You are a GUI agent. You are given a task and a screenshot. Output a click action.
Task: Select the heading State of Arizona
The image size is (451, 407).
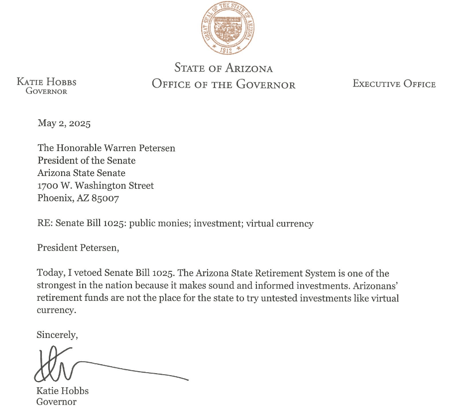click(x=224, y=68)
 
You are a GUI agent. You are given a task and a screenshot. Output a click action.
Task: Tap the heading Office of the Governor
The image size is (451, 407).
click(x=224, y=84)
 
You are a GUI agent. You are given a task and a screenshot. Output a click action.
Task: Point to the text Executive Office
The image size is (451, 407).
click(x=394, y=84)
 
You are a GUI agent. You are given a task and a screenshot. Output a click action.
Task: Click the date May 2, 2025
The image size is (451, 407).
click(x=64, y=124)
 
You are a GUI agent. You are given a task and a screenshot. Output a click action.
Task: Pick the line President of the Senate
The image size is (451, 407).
click(x=87, y=161)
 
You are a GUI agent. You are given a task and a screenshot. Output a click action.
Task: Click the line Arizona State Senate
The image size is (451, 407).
click(x=82, y=173)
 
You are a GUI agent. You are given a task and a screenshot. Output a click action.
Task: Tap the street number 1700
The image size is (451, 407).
click(x=48, y=185)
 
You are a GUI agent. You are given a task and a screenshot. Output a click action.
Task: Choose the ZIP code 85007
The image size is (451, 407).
click(x=105, y=198)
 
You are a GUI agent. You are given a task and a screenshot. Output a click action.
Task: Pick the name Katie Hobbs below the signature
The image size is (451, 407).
click(x=62, y=391)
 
